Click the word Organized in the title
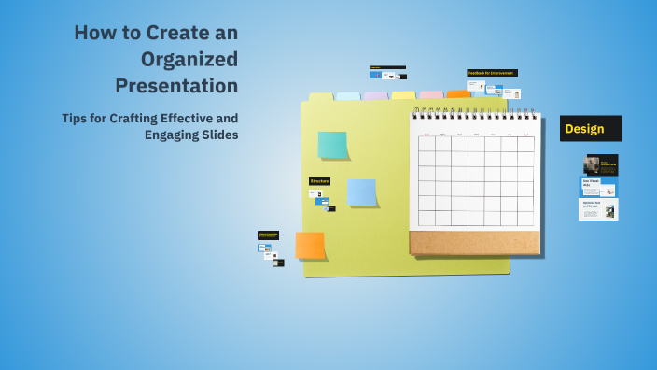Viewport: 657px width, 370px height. pyautogui.click(x=189, y=59)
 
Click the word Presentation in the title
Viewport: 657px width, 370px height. pyautogui.click(x=176, y=86)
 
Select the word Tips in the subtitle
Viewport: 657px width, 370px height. pyautogui.click(x=77, y=119)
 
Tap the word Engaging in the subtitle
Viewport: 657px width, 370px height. pyautogui.click(x=175, y=135)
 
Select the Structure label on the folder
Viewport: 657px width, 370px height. pyautogui.click(x=319, y=181)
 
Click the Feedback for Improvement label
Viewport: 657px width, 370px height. pyautogui.click(x=492, y=72)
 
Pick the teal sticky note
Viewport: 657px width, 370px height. pyautogui.click(x=332, y=145)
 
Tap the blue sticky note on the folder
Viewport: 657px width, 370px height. pyautogui.click(x=361, y=192)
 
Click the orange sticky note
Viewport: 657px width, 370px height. pyautogui.click(x=310, y=246)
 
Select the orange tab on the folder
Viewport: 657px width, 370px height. pyautogui.click(x=458, y=94)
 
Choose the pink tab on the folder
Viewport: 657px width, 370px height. pyautogui.click(x=430, y=95)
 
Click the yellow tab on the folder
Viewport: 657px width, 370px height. pyautogui.click(x=403, y=95)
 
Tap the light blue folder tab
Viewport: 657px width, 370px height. pyautogui.click(x=347, y=96)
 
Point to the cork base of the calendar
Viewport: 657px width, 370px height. pyautogui.click(x=474, y=243)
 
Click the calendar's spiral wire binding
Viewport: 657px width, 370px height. pyautogui.click(x=475, y=113)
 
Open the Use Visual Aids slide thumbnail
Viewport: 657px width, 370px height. pyautogui.click(x=597, y=186)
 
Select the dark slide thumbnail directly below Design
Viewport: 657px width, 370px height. pyautogui.click(x=602, y=164)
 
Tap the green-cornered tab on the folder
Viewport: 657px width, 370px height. pyautogui.click(x=320, y=97)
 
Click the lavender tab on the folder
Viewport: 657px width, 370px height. pyautogui.click(x=375, y=96)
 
